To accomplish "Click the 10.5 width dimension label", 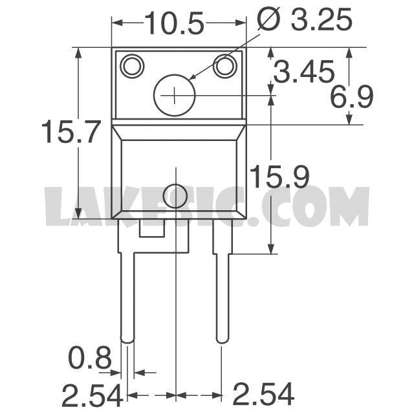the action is (174, 23).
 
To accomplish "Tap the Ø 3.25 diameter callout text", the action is (305, 19).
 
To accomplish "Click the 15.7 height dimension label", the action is (71, 131).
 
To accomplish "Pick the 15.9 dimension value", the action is (279, 177).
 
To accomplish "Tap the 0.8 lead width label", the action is (90, 358).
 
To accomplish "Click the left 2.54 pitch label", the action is (93, 395).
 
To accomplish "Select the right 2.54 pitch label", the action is (263, 395).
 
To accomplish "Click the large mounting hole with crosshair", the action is (174, 95).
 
